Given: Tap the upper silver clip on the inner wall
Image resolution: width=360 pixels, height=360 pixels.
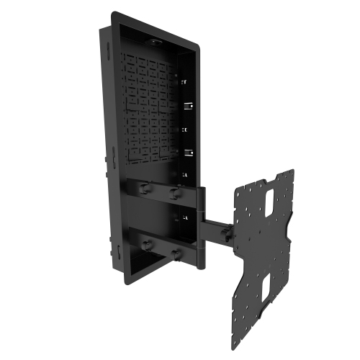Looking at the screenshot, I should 188,106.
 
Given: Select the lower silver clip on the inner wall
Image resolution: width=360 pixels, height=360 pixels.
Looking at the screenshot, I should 188,152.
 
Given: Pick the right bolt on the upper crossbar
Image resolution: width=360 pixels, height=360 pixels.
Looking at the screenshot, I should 173,193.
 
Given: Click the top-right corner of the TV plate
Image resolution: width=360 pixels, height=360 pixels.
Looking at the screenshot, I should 292,171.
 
